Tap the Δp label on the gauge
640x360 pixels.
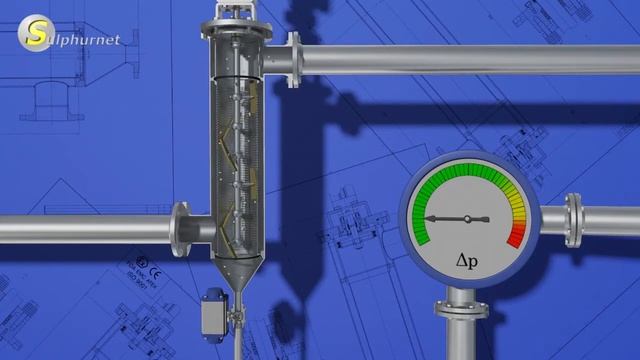point(466,262)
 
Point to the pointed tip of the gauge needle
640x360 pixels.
point(428,218)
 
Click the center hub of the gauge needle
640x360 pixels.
point(467,219)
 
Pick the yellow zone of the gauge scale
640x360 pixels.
point(514,196)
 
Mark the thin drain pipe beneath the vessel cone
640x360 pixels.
point(237,335)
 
